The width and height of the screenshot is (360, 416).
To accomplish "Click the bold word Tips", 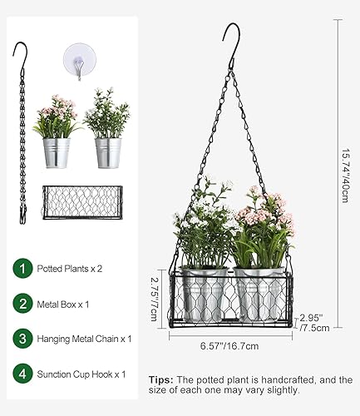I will (x=162, y=379).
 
